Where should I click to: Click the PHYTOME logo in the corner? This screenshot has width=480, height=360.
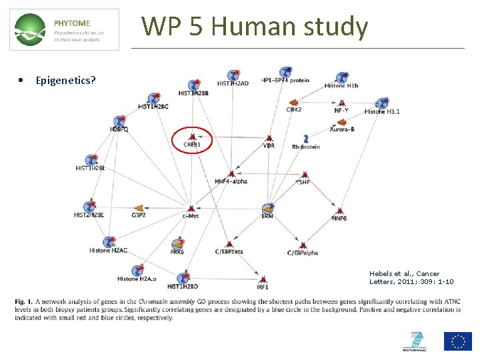(x=65, y=29)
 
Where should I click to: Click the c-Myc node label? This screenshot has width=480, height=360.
(x=191, y=215)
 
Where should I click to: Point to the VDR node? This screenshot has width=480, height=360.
(x=269, y=145)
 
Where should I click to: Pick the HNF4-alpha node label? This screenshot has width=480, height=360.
(x=231, y=181)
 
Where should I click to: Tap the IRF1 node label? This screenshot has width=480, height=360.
(x=263, y=287)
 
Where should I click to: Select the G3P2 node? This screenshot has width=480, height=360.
(x=139, y=215)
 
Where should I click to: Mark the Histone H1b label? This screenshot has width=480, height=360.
(x=341, y=85)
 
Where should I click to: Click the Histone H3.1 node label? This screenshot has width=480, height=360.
(x=383, y=111)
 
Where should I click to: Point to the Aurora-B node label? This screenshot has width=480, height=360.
(x=341, y=129)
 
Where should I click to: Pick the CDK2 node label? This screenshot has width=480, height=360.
(x=294, y=109)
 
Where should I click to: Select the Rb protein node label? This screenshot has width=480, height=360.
(x=305, y=147)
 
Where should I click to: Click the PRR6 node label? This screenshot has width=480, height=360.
(x=177, y=252)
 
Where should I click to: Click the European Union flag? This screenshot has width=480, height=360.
(x=458, y=341)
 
